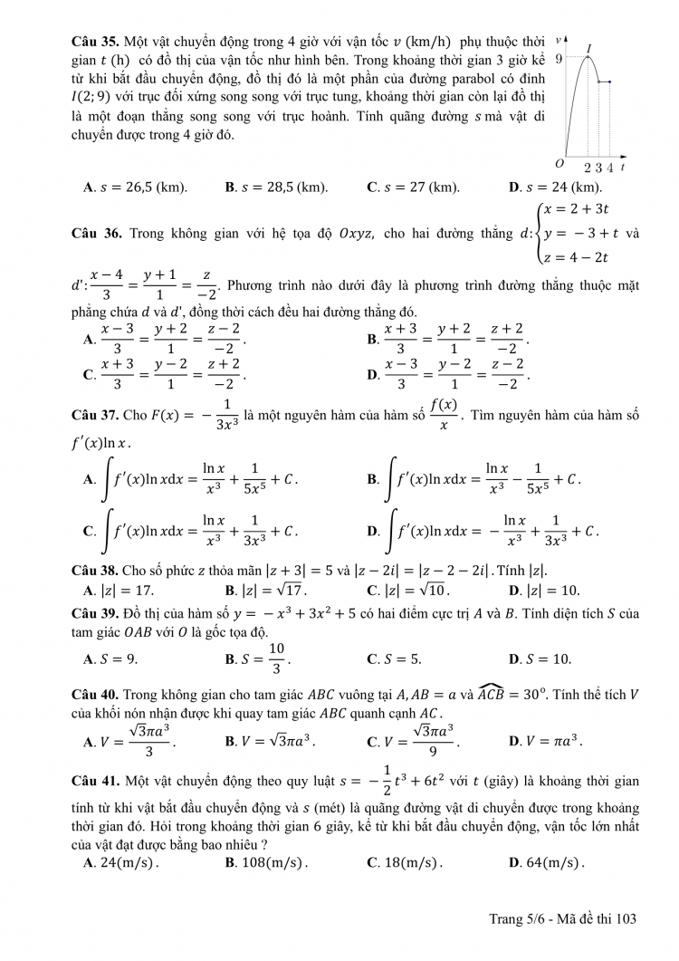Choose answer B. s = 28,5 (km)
pos(276,187)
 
